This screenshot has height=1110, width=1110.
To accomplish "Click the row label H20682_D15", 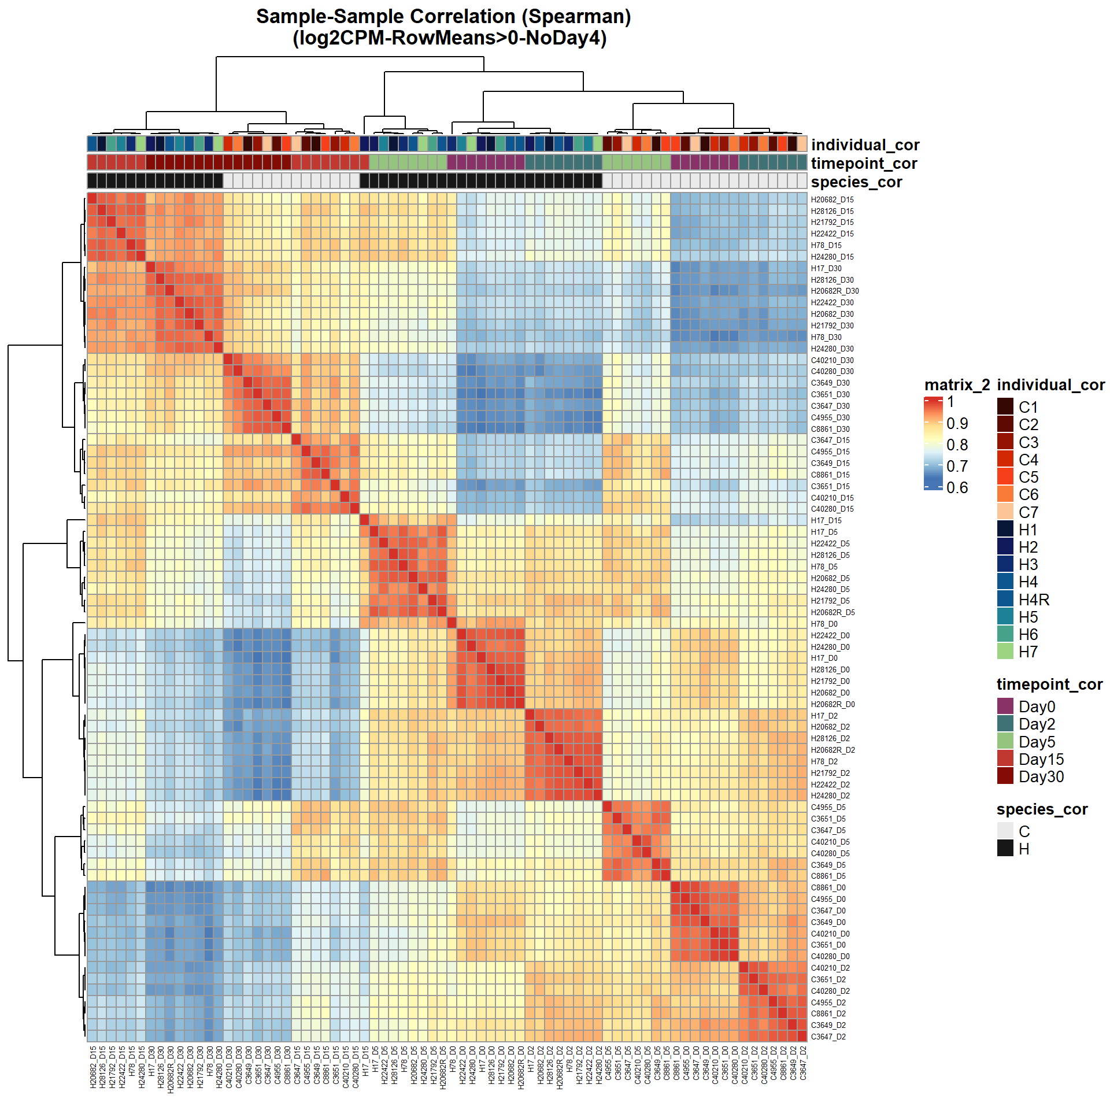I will point(832,199).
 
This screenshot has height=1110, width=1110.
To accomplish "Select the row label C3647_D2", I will point(828,1037).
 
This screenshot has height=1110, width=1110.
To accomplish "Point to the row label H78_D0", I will point(824,624).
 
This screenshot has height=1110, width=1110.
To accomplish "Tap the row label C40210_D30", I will point(832,360).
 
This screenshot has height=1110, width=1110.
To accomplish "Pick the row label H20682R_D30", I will point(834,291).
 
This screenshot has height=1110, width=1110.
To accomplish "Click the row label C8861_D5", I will point(828,876).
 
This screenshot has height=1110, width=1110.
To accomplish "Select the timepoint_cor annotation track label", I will point(864,163).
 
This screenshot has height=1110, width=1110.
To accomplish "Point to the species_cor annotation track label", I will point(856,182).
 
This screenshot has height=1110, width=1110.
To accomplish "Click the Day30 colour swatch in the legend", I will point(1005,776).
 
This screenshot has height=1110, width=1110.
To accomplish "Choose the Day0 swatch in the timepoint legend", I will point(1005,706).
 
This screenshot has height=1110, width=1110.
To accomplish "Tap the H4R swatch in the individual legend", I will point(1005,599).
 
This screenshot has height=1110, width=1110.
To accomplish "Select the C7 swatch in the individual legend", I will point(1005,512).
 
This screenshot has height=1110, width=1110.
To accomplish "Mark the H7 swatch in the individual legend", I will point(1005,652).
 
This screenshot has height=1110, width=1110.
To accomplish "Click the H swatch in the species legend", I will point(1005,848).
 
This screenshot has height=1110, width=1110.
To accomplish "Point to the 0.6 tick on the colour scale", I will point(957,487).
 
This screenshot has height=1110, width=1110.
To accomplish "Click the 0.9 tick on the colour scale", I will point(957,423).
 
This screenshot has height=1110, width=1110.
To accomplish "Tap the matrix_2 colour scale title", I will point(957,384).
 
